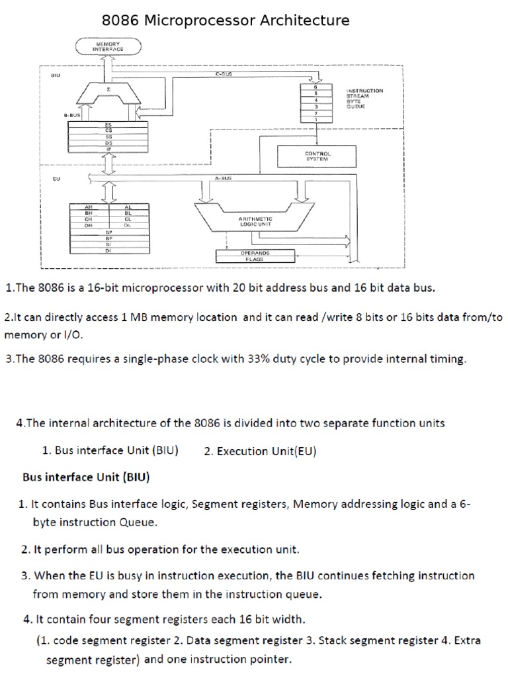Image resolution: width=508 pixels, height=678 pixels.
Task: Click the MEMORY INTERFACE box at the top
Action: point(109,46)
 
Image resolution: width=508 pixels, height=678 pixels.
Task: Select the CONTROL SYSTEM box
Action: point(317,156)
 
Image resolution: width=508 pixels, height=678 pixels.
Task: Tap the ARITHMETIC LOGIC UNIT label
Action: point(255,221)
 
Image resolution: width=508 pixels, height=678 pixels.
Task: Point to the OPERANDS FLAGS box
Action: point(255,256)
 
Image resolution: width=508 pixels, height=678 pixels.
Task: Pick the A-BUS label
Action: point(224,178)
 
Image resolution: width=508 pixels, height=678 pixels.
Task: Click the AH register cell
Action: point(88,207)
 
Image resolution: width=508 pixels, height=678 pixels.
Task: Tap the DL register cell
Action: point(128,225)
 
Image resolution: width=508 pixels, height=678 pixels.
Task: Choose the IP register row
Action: point(108,149)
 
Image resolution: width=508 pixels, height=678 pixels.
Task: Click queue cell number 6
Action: point(316,87)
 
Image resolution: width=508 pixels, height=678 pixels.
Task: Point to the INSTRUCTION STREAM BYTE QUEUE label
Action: point(364,98)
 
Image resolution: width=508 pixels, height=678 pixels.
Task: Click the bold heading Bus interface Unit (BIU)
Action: point(85,477)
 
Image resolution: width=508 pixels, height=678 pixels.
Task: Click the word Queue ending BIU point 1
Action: point(138,522)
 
